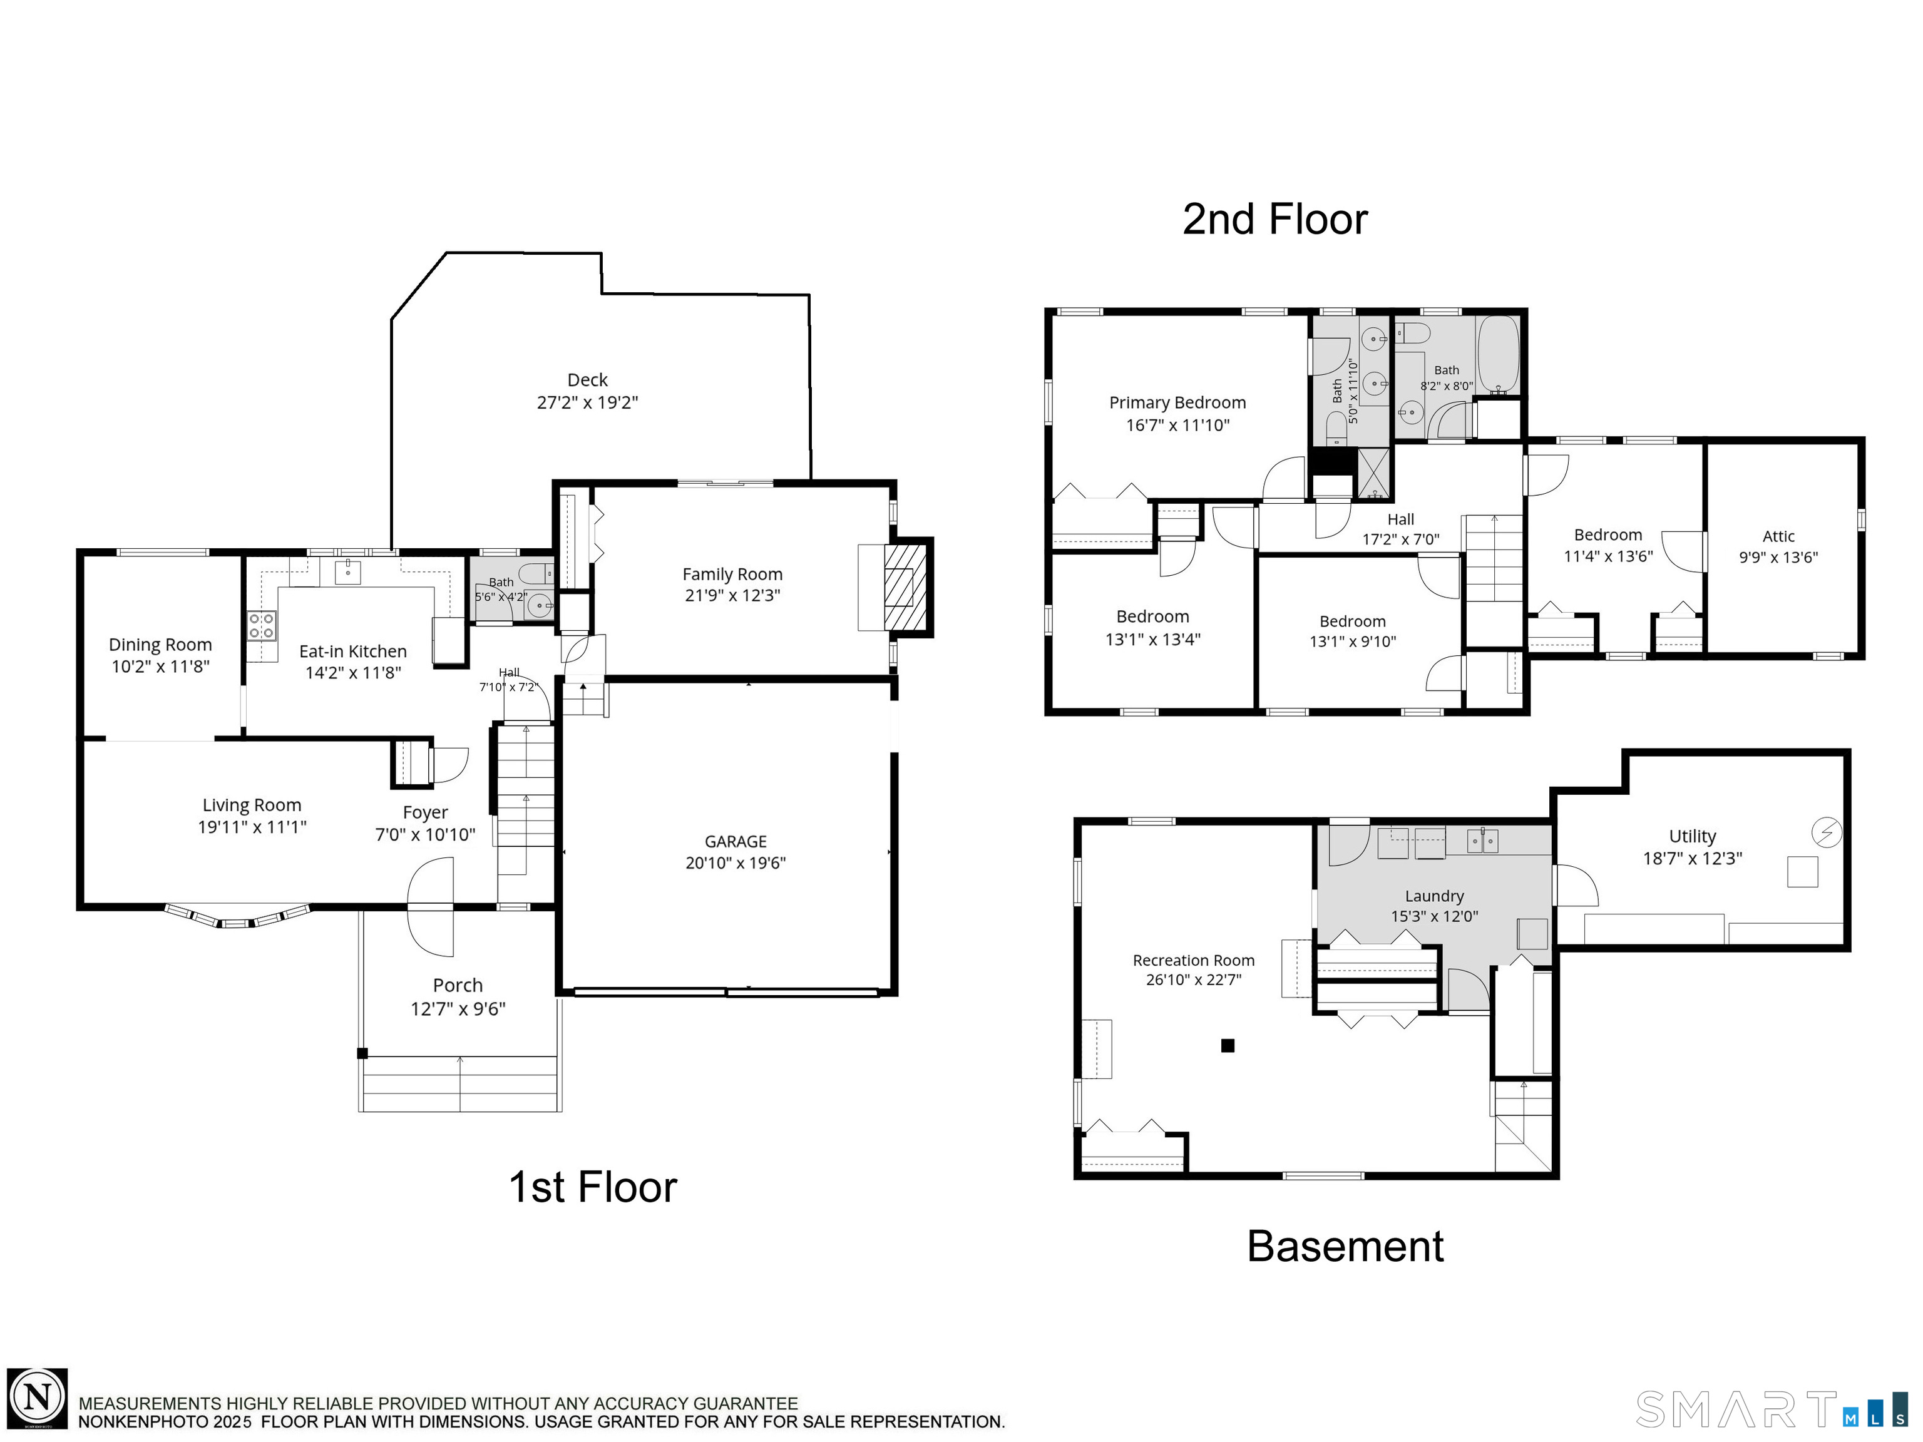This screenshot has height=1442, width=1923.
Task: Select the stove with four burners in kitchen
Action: pos(262,626)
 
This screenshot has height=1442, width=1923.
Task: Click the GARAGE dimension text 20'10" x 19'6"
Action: pos(736,863)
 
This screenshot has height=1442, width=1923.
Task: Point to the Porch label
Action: pos(458,984)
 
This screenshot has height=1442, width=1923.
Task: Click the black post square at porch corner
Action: pos(362,1053)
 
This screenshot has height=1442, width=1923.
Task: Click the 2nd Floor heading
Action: pos(1274,219)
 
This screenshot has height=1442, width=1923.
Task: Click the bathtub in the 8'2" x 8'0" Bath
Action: pos(1498,355)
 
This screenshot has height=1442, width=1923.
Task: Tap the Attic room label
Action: pos(1778,536)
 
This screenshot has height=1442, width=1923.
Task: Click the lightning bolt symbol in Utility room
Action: pos(1825,832)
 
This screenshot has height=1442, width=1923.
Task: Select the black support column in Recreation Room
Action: pos(1228,1046)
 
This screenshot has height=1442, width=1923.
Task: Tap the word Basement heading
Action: pos(1345,1247)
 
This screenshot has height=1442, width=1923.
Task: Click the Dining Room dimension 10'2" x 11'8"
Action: pos(160,667)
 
